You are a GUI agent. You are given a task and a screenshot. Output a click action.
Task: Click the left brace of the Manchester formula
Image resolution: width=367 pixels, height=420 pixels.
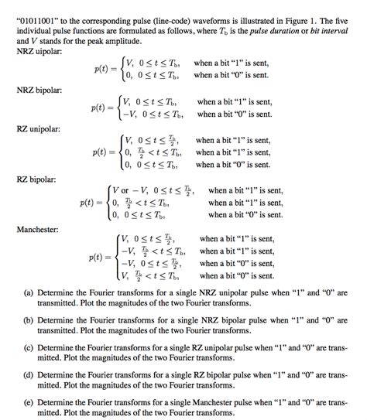tap(115, 257)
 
